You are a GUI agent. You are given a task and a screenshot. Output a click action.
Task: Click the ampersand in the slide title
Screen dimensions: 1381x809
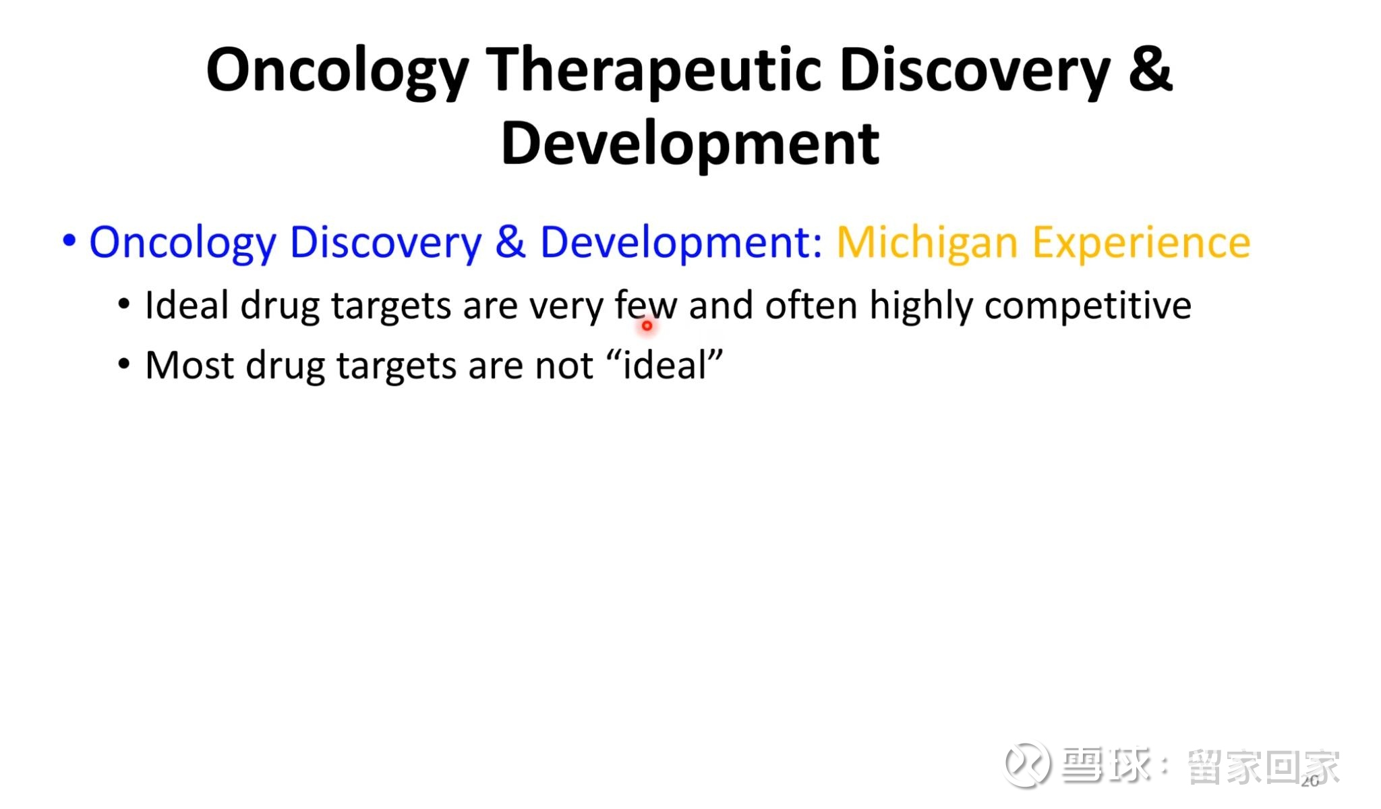pos(1150,69)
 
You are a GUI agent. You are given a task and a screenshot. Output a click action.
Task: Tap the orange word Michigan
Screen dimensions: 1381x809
pos(927,243)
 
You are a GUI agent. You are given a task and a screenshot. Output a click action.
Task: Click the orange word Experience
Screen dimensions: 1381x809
pos(1142,243)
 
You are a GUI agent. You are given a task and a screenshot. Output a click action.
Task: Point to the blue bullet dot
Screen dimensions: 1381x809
pos(69,240)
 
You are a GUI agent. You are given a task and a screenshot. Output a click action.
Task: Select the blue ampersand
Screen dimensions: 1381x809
pos(510,242)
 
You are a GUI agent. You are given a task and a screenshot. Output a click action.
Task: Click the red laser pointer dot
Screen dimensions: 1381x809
pos(647,326)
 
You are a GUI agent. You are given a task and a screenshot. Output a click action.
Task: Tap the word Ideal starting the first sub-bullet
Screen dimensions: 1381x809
pos(187,305)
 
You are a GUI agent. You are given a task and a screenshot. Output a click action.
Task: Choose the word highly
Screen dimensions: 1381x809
pos(921,307)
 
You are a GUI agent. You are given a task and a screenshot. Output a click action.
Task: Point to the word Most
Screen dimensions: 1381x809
pos(189,365)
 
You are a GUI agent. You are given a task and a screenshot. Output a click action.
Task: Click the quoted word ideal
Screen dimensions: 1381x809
pos(664,365)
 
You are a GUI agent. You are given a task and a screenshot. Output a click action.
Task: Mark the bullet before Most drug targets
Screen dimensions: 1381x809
pos(123,364)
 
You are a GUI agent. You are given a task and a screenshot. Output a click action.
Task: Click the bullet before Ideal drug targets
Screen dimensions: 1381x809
pos(123,304)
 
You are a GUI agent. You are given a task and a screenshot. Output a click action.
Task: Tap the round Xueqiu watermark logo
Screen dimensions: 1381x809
pos(1027,764)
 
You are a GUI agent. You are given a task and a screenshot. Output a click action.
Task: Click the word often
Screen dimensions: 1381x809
pos(811,305)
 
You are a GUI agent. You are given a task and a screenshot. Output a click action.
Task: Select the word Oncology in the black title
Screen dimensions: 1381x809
pos(337,72)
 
